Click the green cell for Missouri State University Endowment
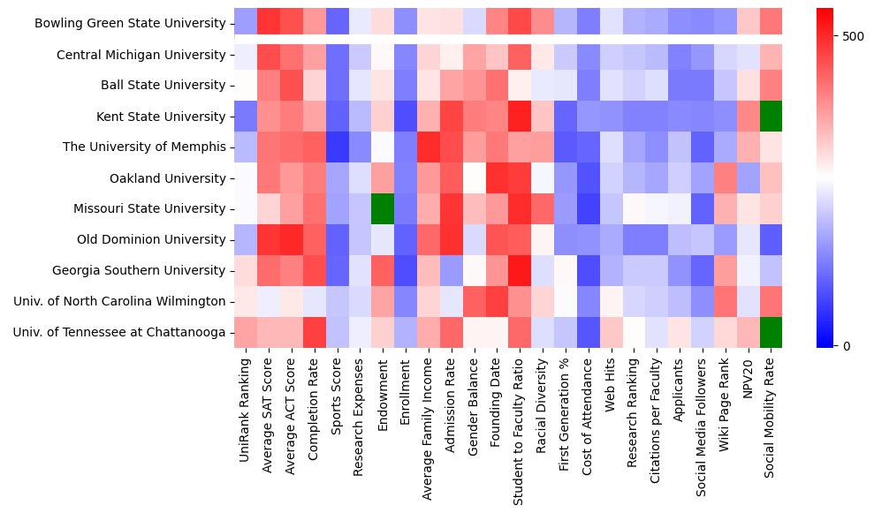pyautogui.click(x=383, y=209)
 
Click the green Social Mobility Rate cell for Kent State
pyautogui.click(x=771, y=117)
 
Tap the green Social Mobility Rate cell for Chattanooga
pyautogui.click(x=771, y=332)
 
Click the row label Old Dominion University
pyautogui.click(x=150, y=239)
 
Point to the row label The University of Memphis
pyautogui.click(x=144, y=147)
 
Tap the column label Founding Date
pyautogui.click(x=496, y=411)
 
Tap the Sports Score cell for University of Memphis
pyautogui.click(x=337, y=147)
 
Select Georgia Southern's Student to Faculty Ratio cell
pyautogui.click(x=520, y=270)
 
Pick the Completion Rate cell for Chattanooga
pyautogui.click(x=314, y=332)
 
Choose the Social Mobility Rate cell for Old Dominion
pyautogui.click(x=771, y=239)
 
